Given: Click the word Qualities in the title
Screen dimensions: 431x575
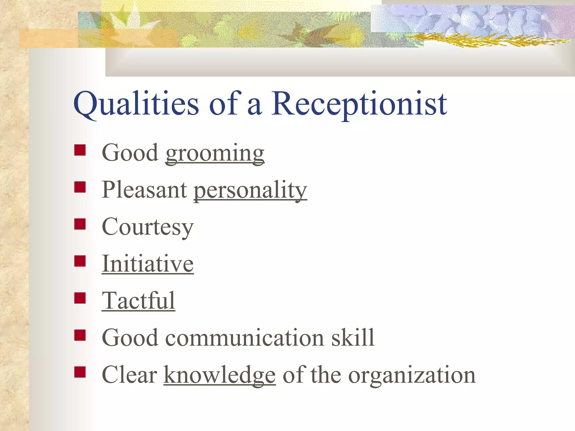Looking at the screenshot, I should [136, 104].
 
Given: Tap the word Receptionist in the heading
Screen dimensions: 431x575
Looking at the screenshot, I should [359, 104].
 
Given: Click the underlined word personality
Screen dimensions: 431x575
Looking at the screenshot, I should [250, 190].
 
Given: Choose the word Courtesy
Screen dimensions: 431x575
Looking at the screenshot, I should [148, 227].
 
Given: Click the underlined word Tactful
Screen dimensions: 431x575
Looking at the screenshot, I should [138, 301].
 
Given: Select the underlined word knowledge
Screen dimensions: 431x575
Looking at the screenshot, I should [220, 375].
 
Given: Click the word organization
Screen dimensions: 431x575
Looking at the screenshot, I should [412, 375].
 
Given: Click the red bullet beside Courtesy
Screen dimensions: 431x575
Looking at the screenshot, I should [80, 224].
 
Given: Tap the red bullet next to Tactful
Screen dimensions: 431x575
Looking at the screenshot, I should [80, 298].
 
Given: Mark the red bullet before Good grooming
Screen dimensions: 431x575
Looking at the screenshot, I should [80, 150].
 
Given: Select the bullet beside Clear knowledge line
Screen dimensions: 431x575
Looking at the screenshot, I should [80, 372].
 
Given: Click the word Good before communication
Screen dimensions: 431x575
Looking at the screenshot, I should [130, 338].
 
